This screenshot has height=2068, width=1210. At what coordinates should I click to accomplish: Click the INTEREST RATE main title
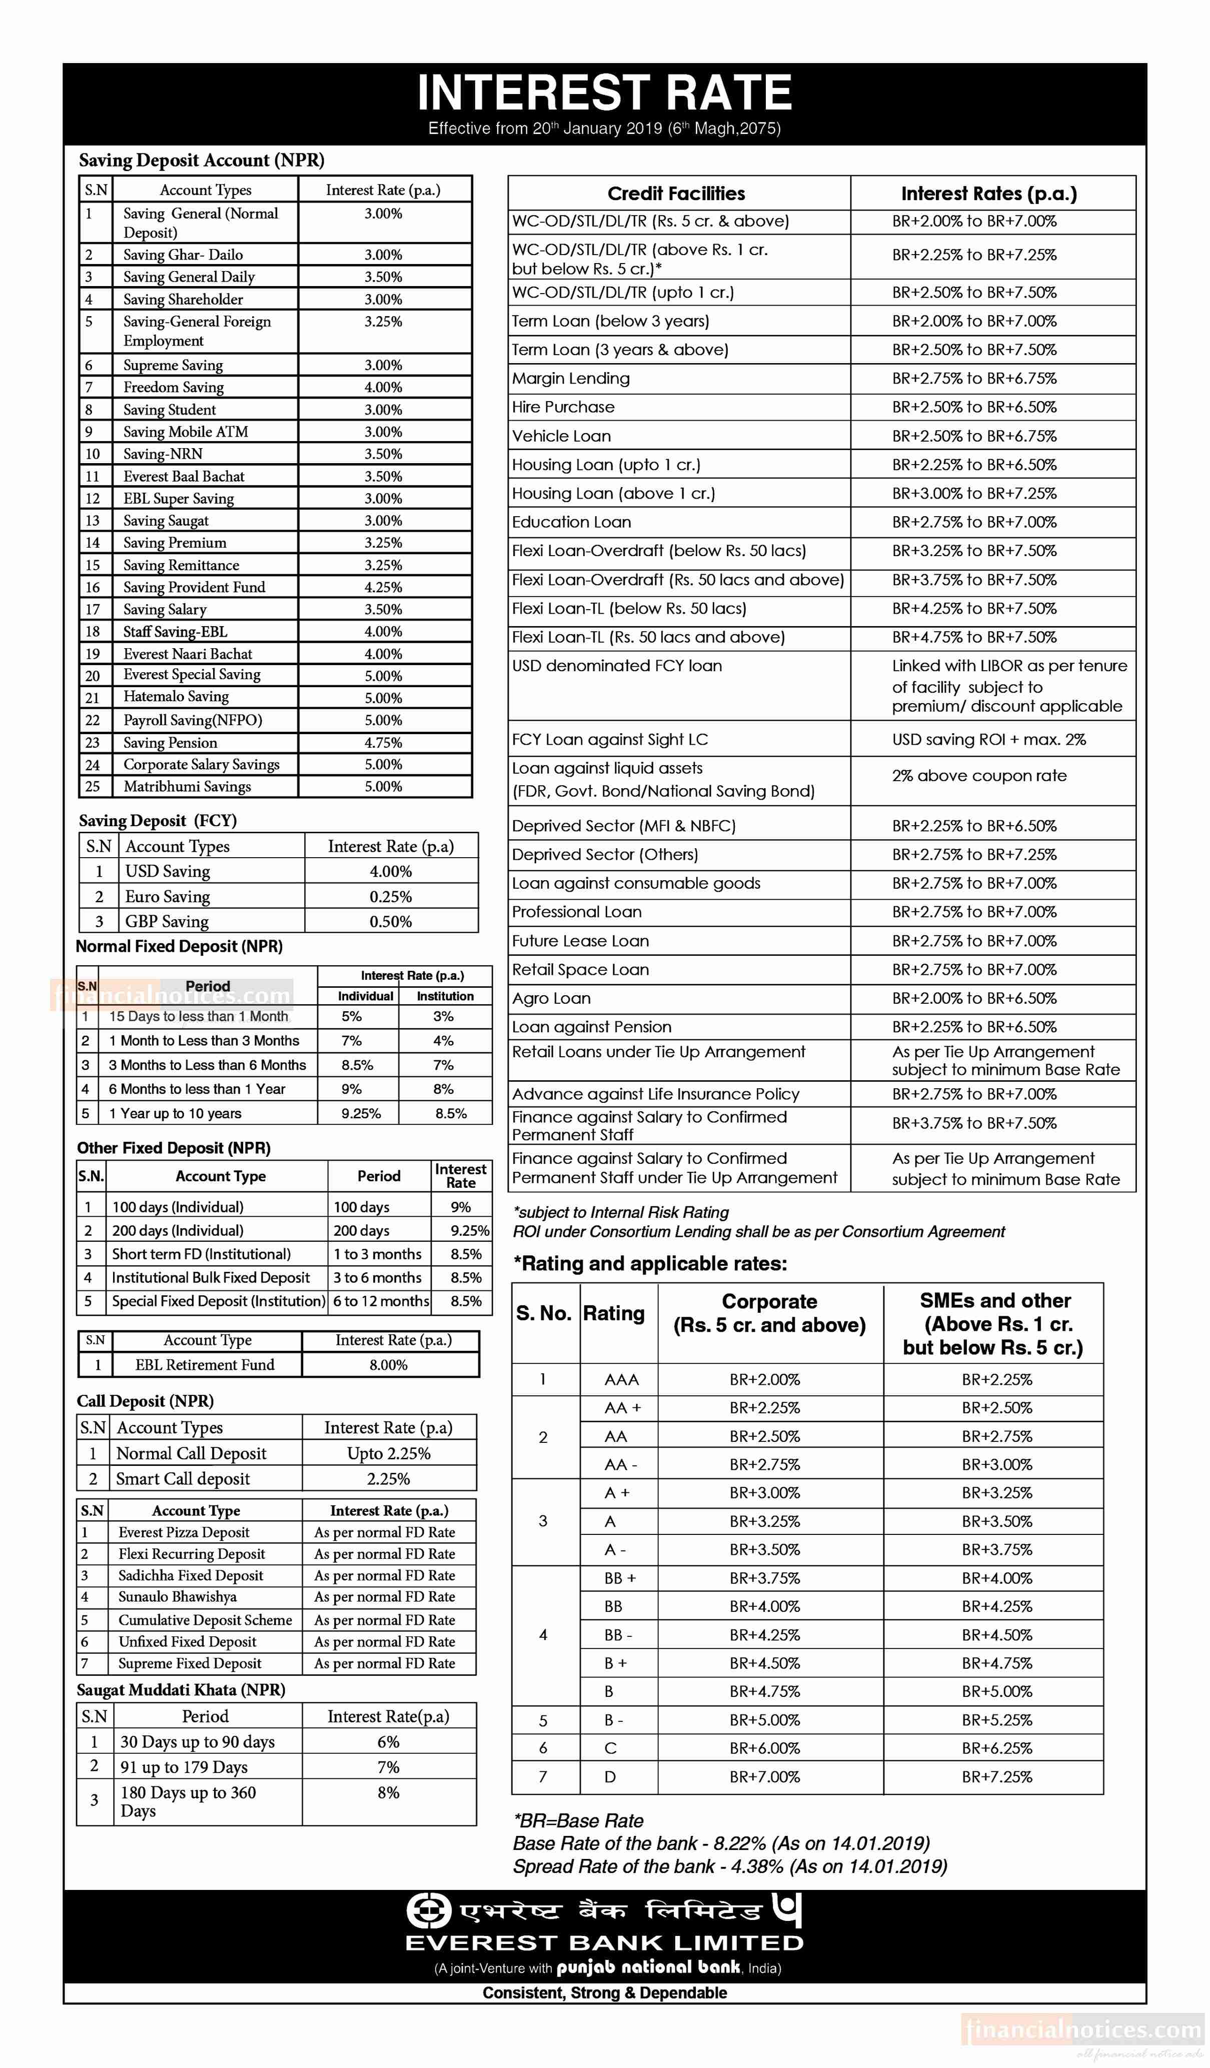click(x=604, y=92)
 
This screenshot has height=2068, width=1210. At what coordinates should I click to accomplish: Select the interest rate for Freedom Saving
click(x=383, y=387)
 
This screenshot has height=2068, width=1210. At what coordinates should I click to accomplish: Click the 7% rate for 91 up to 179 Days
click(x=388, y=1767)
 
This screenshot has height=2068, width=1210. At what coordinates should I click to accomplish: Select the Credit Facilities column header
click(x=676, y=194)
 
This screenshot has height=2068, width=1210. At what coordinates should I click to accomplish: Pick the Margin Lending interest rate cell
click(x=974, y=378)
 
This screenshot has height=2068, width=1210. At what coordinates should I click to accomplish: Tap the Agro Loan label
click(x=552, y=998)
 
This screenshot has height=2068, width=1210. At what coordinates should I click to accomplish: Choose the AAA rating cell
click(x=621, y=1379)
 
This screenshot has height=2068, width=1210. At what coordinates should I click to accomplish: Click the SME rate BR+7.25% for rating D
click(x=996, y=1776)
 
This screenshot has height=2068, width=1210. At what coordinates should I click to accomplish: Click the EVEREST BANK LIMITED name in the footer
click(x=604, y=1942)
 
